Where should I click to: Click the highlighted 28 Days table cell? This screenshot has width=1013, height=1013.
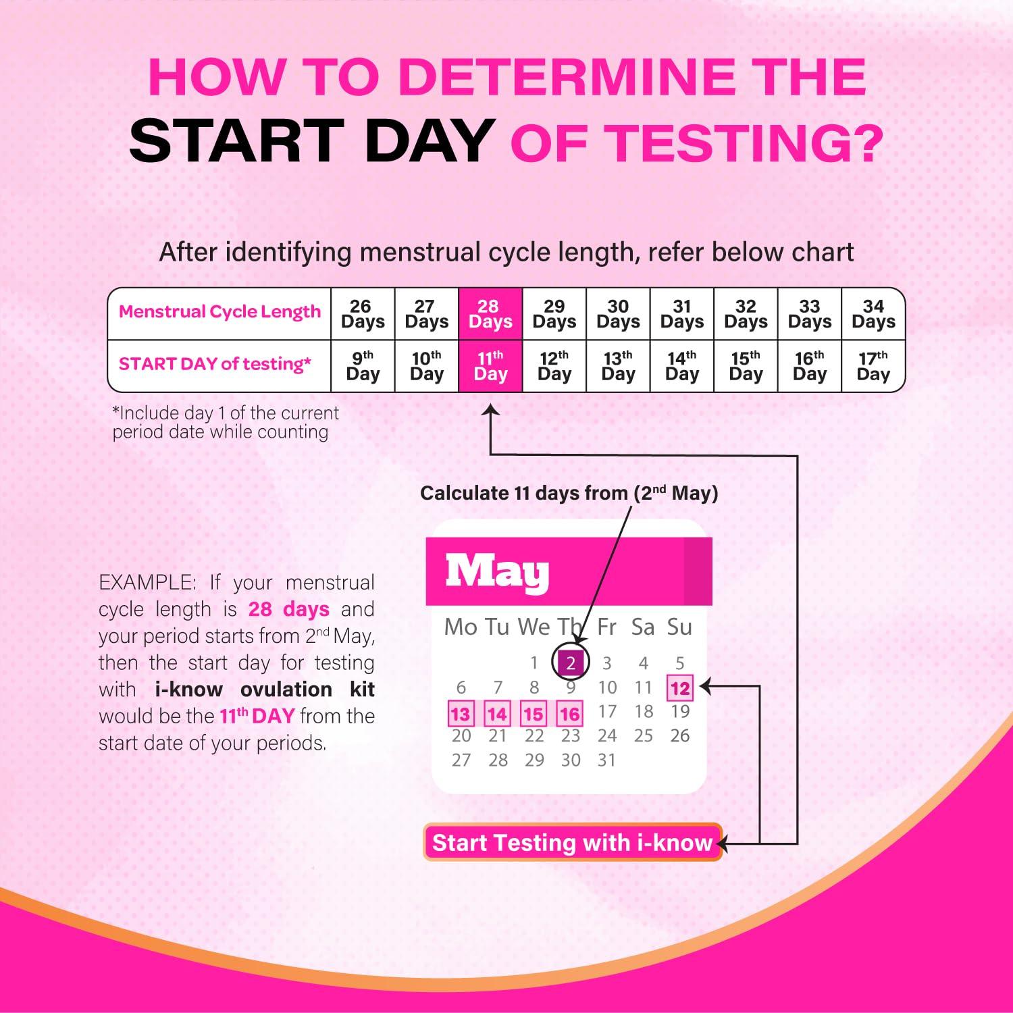point(490,314)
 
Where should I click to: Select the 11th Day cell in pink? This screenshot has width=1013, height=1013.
point(490,366)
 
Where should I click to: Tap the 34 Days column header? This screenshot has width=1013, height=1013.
point(873,314)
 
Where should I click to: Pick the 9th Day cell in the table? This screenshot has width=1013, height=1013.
point(363,366)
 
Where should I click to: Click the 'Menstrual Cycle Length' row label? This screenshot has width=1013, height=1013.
point(219,312)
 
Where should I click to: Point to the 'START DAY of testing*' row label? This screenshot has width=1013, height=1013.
point(215,365)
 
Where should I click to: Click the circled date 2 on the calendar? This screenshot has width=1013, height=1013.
point(571,663)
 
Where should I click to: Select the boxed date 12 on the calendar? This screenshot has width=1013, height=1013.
point(679,688)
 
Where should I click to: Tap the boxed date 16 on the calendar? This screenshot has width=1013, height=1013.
point(569,714)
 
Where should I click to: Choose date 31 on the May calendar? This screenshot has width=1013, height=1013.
point(606,760)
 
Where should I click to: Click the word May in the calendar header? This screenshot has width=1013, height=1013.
point(497,573)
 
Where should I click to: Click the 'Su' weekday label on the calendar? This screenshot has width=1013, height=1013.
point(679,627)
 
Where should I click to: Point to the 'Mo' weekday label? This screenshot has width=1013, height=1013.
point(461,627)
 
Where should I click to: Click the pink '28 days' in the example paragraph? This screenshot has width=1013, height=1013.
point(288,609)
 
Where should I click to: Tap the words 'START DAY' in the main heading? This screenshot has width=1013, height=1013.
point(311,140)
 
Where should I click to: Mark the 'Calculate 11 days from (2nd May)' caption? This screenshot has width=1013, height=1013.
point(569,493)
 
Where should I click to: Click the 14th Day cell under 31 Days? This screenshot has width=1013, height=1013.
point(682,366)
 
